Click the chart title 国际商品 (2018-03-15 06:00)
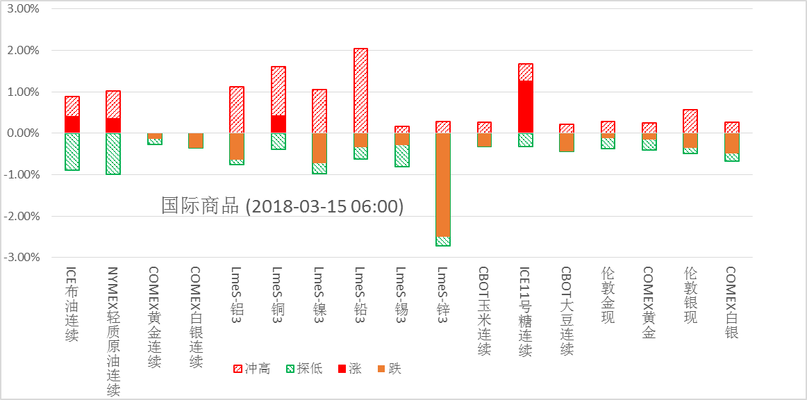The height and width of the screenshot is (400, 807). tap(282, 206)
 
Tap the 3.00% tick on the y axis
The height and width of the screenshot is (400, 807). tap(23, 10)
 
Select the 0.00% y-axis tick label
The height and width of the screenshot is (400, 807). tap(23, 133)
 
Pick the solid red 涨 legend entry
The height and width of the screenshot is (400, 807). tap(350, 369)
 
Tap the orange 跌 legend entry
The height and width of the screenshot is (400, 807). tap(390, 369)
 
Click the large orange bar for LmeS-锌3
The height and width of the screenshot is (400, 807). tap(443, 185)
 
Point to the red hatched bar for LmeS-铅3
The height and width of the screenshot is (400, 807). tap(360, 90)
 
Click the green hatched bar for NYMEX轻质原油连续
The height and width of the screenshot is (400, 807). tap(113, 153)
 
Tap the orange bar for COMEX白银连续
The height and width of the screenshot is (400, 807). tap(195, 140)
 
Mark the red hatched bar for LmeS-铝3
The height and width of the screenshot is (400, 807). tap(237, 110)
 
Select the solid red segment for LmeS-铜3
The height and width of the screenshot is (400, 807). tap(278, 124)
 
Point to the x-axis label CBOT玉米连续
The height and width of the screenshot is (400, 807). tap(484, 310)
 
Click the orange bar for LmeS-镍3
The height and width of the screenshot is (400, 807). tap(319, 148)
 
